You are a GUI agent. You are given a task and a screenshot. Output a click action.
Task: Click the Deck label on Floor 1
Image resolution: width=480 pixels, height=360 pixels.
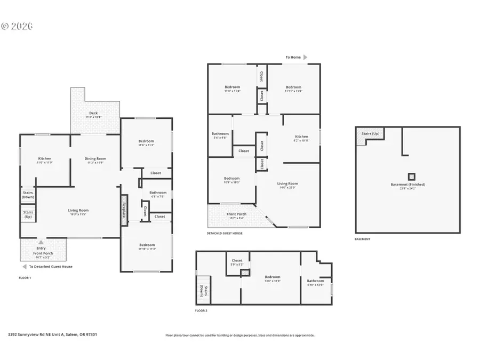(93, 113)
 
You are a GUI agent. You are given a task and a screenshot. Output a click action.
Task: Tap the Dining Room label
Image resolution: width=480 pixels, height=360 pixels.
(96, 158)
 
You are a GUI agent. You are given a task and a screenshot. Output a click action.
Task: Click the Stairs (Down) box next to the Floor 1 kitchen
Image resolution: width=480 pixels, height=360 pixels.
(28, 195)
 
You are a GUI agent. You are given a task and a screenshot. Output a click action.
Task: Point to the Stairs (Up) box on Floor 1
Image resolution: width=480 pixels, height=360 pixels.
(28, 215)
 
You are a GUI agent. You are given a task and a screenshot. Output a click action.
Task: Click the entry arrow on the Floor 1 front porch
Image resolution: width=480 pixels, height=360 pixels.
(41, 242)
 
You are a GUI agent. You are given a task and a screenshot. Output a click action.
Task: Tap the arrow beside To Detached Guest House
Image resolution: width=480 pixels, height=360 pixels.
(24, 266)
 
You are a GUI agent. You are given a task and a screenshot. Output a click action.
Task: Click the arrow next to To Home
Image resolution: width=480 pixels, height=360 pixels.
(306, 57)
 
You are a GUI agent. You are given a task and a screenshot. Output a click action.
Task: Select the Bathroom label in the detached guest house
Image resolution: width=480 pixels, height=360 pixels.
(220, 134)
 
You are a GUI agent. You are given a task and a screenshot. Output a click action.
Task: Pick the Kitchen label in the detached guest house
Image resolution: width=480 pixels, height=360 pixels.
(301, 137)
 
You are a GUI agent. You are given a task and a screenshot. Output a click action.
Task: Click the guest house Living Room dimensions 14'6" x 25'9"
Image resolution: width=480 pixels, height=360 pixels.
(287, 187)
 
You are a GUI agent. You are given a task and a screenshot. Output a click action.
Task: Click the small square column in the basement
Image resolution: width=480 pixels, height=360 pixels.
(411, 177)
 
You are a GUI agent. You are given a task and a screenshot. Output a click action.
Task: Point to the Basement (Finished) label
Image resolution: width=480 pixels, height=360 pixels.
(408, 185)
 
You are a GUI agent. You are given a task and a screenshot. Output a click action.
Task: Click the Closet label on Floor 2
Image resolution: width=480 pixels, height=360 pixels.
(237, 260)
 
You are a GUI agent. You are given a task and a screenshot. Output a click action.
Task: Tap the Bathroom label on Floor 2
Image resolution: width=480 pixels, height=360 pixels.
(316, 281)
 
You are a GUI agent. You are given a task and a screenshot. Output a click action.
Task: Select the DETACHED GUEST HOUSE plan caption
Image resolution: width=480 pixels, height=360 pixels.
(225, 233)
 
